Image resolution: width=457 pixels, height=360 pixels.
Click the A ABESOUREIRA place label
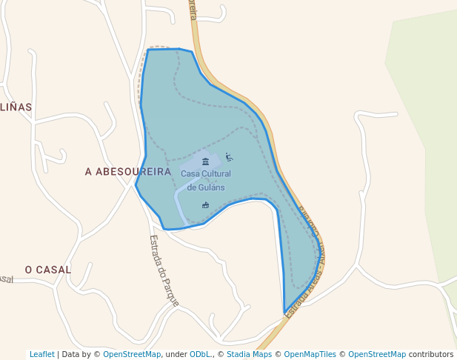[x=127, y=172]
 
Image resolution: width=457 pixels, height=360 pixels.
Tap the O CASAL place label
[x=48, y=270]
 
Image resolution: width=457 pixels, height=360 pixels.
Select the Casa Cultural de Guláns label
[x=206, y=180]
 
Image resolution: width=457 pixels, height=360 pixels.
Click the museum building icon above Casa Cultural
[x=205, y=161]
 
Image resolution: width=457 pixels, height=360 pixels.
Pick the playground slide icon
[x=229, y=157]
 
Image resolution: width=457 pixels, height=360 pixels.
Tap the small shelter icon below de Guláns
[x=205, y=204]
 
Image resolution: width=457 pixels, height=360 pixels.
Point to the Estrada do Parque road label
[x=164, y=271]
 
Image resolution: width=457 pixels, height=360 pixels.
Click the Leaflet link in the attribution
[x=41, y=354]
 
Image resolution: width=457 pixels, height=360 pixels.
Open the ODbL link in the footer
[x=201, y=354]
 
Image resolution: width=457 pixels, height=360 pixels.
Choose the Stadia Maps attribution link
[x=249, y=354]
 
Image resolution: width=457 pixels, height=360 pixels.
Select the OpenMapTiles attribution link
[x=314, y=354]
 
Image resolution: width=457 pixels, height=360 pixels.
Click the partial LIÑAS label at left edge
[x=16, y=107]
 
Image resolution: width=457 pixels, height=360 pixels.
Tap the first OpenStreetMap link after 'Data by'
[x=132, y=354]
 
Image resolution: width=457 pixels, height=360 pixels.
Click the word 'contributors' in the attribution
[x=431, y=354]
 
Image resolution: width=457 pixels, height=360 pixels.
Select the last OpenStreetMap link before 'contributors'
[x=377, y=354]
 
